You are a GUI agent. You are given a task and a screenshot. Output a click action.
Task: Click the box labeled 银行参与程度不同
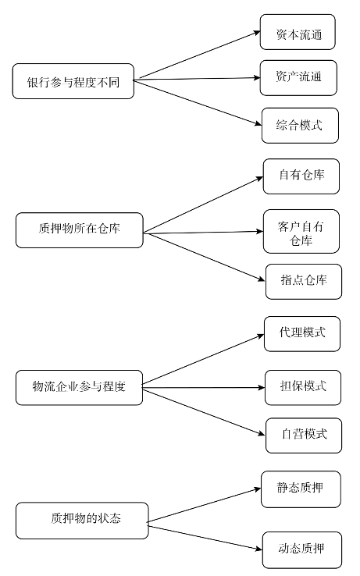tap(73, 81)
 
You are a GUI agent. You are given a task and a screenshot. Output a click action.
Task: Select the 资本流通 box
tap(298, 32)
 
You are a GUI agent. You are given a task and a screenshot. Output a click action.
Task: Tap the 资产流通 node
tap(298, 78)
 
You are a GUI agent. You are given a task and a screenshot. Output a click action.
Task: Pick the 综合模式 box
tap(300, 126)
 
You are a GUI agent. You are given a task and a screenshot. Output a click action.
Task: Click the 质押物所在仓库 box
tap(80, 230)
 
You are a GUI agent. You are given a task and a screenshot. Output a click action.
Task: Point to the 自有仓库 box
tap(301, 176)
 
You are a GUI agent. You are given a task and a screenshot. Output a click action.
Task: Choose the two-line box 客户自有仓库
tap(301, 232)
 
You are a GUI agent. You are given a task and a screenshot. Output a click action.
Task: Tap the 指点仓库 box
tap(304, 282)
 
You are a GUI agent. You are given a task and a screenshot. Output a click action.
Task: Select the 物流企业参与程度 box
tap(79, 388)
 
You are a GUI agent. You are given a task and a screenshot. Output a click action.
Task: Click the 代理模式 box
tap(302, 334)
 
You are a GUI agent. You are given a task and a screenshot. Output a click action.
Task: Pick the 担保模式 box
tap(303, 388)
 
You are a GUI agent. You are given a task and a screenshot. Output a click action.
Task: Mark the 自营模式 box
tap(304, 436)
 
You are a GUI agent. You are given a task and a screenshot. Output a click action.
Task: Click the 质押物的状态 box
tap(82, 521)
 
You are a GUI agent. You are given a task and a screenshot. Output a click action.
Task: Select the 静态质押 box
tap(301, 489)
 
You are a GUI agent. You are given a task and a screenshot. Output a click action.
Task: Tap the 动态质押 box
tap(302, 550)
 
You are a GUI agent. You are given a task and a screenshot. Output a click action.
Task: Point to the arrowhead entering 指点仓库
tap(262, 279)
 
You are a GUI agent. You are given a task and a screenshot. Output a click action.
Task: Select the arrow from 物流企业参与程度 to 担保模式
tap(203, 388)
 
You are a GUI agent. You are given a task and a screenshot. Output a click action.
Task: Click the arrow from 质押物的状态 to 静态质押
tap(204, 505)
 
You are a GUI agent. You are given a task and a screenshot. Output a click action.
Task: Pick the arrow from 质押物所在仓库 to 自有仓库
tap(203, 204)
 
